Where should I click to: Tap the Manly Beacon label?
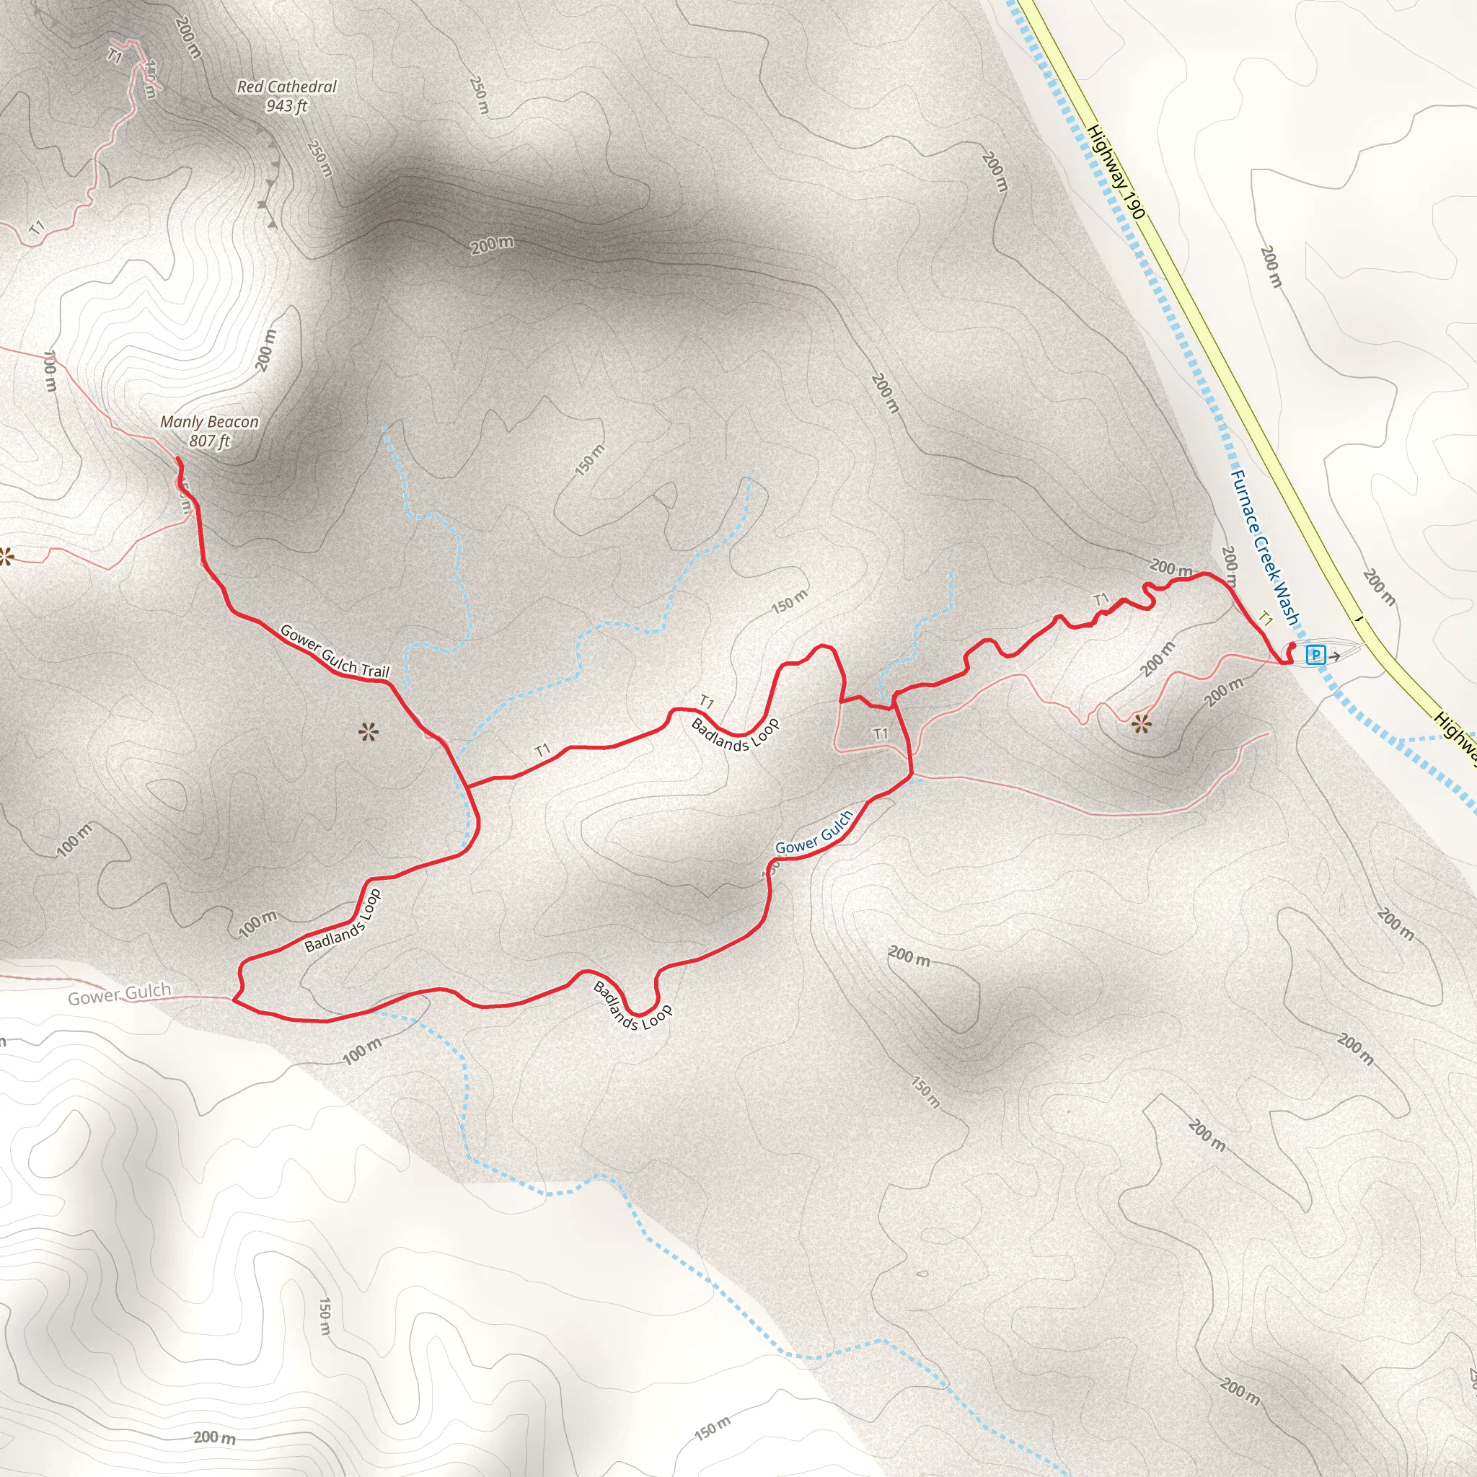[208, 421]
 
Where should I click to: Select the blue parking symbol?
[1315, 654]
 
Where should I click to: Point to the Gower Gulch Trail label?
[335, 651]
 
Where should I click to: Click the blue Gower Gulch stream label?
[814, 832]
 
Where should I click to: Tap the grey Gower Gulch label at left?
[119, 995]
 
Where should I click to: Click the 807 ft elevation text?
[208, 441]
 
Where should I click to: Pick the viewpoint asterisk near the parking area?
[1141, 723]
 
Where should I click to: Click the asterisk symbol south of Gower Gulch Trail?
[368, 733]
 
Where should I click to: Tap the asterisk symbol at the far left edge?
[5, 557]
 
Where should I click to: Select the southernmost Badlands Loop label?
[632, 1006]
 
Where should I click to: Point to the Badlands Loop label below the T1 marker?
[735, 734]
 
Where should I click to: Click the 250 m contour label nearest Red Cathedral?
[319, 158]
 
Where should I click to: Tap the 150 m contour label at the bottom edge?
[713, 1428]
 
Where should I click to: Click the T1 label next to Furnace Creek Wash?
[1266, 619]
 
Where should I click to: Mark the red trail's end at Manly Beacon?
[178, 459]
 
